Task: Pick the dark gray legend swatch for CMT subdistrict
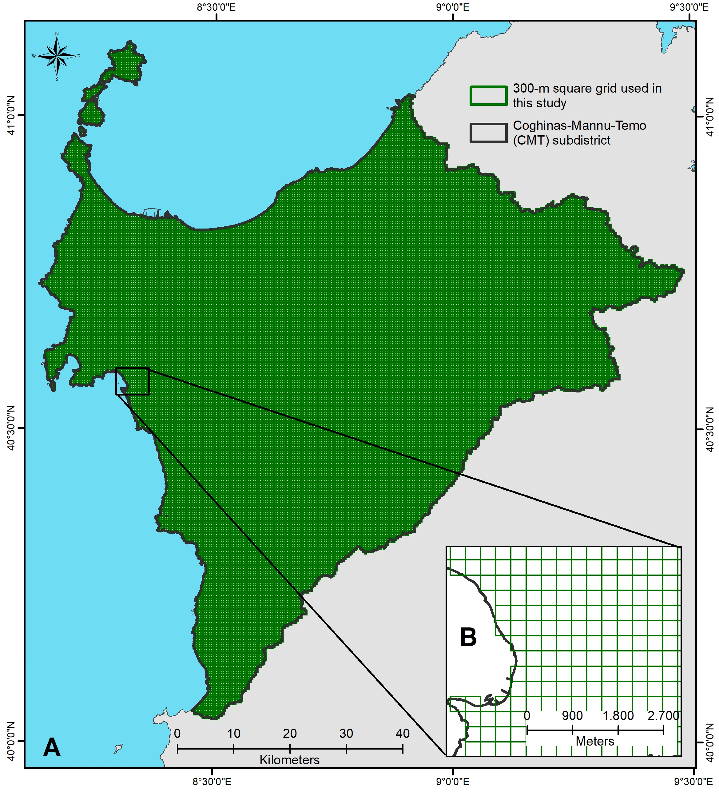(x=488, y=133)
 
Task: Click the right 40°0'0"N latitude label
(x=710, y=742)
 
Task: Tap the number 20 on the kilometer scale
(x=290, y=733)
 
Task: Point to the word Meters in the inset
(x=595, y=741)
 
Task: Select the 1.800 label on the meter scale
(x=618, y=715)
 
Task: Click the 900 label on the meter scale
(x=572, y=715)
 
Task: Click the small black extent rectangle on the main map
(x=133, y=381)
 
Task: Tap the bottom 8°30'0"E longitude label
(x=212, y=782)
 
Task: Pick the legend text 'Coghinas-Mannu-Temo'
(x=579, y=126)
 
